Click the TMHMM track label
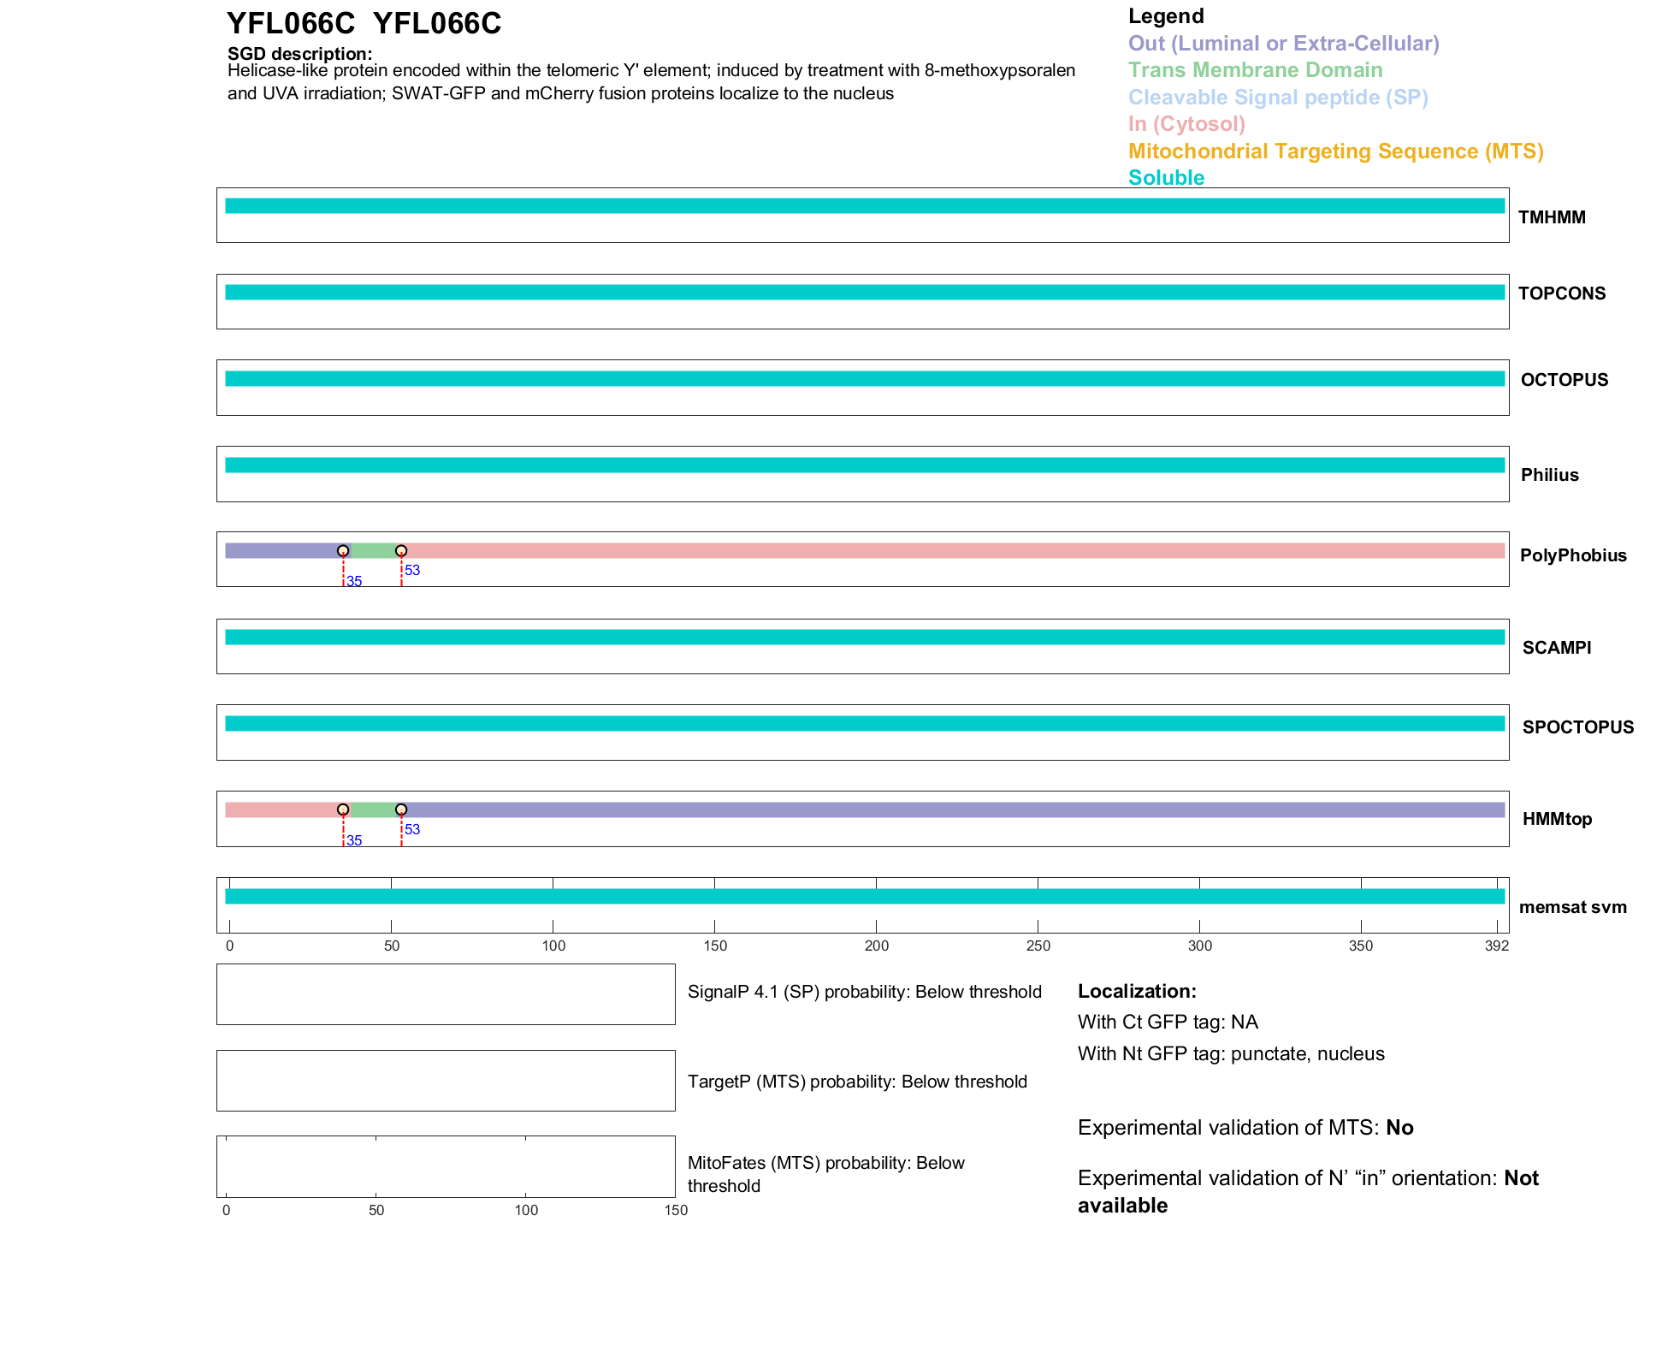tap(1551, 217)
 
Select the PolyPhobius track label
tap(1572, 555)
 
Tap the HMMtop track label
tap(1557, 819)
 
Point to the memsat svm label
tap(1572, 907)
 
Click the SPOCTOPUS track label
tap(1577, 727)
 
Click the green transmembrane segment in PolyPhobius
tap(373, 550)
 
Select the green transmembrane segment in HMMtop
tap(373, 809)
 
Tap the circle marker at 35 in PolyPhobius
tap(343, 550)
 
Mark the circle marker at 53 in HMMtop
tap(401, 809)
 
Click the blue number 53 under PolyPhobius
tap(412, 571)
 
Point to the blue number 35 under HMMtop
tap(354, 841)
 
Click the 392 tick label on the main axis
tap(1496, 946)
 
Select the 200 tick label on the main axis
tap(876, 946)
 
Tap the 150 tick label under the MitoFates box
tap(676, 1210)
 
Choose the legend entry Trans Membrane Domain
tap(1255, 70)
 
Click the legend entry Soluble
tap(1166, 178)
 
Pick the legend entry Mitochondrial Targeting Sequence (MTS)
tap(1335, 151)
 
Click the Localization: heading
tap(1137, 991)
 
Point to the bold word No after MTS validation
tap(1399, 1128)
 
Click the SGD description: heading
tap(299, 54)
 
